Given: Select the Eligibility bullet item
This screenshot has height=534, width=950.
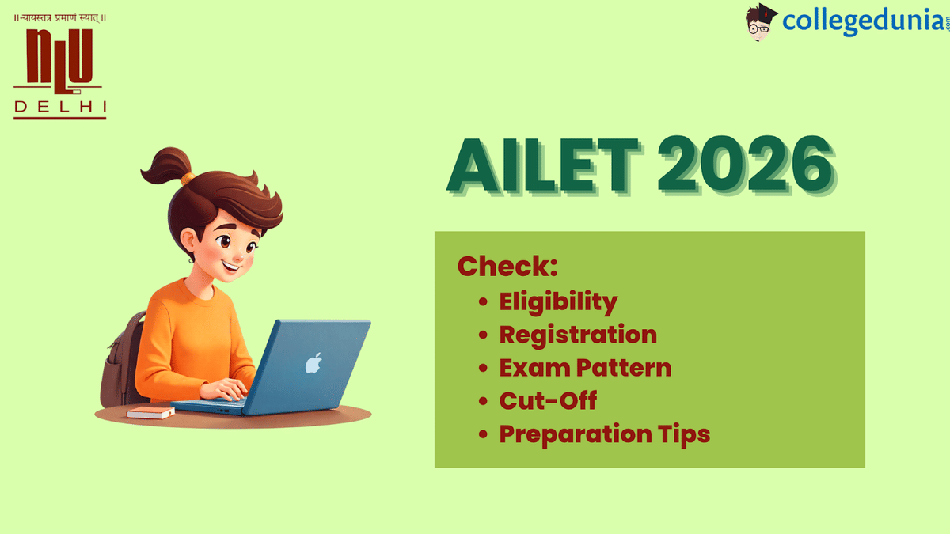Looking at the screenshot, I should point(557,301).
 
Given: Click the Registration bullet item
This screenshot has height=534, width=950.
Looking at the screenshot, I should point(577,335).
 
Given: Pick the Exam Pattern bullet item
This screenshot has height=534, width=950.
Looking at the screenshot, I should point(584,368).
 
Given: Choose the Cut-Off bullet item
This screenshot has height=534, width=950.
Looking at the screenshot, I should point(547,401).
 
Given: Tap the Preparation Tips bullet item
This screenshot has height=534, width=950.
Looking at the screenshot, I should point(604,434).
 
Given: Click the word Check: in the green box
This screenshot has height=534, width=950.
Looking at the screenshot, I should point(507,267).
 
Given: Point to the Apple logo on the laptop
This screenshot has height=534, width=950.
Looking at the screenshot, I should point(314,363).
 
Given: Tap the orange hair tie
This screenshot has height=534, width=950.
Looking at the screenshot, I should point(188,179).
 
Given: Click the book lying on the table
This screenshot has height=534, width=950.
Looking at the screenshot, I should point(150,412).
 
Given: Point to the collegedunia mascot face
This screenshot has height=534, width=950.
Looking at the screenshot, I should point(762,22).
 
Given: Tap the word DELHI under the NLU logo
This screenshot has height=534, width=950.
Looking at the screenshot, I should point(60,105).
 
